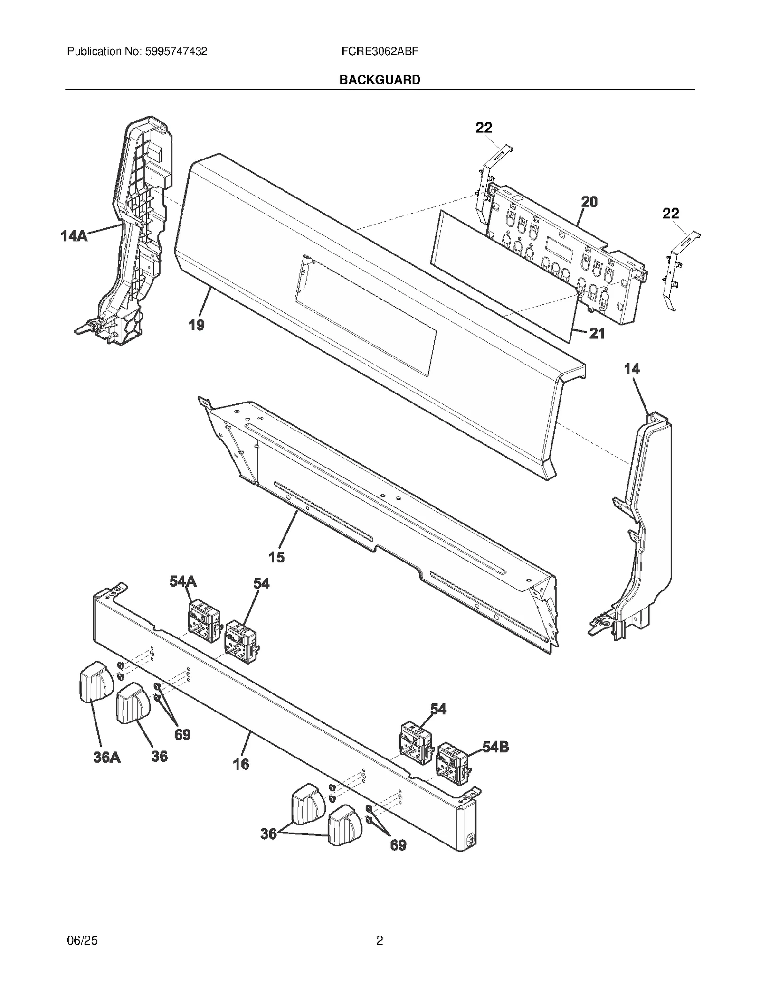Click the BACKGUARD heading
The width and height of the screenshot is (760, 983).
tap(380, 80)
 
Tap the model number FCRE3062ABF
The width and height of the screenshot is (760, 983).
tap(380, 51)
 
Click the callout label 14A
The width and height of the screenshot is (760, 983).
tap(74, 236)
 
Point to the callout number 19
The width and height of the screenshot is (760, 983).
tap(197, 325)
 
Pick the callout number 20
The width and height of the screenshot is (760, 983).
tap(589, 202)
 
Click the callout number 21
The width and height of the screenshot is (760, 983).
tap(597, 334)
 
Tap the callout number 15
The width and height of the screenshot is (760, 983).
tap(276, 557)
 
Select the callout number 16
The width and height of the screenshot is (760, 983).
tap(241, 764)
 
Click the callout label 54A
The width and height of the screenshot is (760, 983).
tap(183, 581)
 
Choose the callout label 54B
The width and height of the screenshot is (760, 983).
tap(496, 747)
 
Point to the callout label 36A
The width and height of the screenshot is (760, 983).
tap(107, 757)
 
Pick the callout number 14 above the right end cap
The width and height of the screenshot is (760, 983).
tap(632, 369)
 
